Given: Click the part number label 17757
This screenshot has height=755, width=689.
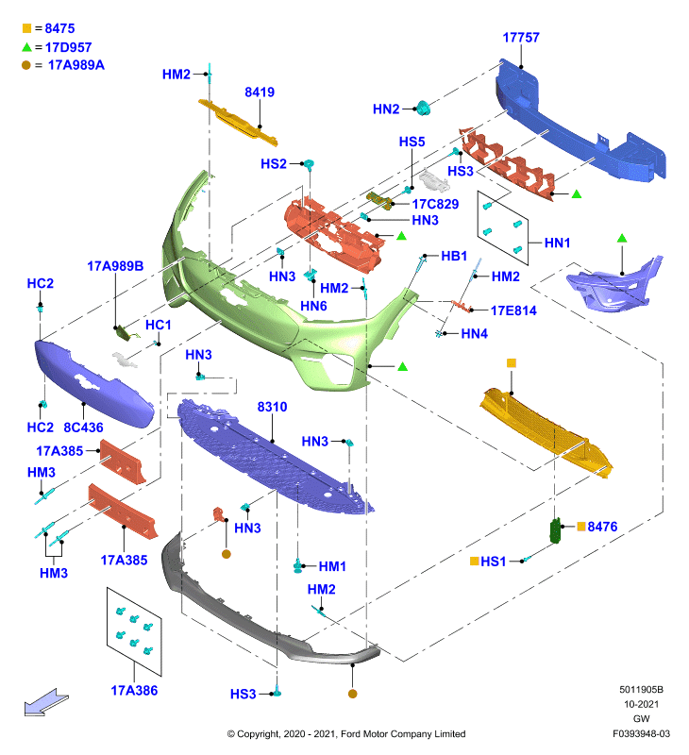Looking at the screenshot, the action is [x=521, y=38].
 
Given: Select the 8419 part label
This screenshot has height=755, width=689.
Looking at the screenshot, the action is [x=260, y=92].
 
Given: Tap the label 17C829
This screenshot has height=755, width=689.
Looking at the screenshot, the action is [x=435, y=204].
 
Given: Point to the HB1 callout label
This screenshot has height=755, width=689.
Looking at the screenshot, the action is [x=454, y=256].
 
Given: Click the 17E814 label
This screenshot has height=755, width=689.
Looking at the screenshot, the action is [x=513, y=310].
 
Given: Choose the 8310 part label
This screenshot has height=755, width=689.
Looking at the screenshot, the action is [x=272, y=407].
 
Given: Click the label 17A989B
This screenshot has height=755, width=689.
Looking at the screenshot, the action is [x=115, y=266].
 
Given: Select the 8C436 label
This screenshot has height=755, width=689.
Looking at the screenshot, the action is [x=83, y=428].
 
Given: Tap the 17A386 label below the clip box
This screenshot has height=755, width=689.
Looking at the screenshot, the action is [x=134, y=691].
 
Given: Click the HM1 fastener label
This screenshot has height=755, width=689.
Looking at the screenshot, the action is [x=332, y=567].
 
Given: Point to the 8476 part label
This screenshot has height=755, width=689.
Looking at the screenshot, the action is [x=602, y=527].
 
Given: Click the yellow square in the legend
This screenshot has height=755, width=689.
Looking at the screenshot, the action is [x=27, y=28].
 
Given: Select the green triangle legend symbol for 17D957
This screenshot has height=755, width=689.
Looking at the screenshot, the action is [x=27, y=46].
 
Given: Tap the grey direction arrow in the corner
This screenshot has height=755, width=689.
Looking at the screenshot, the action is [x=46, y=702].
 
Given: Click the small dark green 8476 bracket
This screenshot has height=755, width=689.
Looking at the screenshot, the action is [x=556, y=530].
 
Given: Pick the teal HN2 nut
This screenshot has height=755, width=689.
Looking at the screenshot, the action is [x=423, y=109].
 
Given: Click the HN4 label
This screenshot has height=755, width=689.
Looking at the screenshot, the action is [x=474, y=334].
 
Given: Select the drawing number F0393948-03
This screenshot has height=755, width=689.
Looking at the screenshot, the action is [x=641, y=734].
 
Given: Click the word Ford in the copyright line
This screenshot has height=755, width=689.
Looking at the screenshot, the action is [x=350, y=734].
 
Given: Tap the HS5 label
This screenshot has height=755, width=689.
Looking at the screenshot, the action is [x=412, y=143].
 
